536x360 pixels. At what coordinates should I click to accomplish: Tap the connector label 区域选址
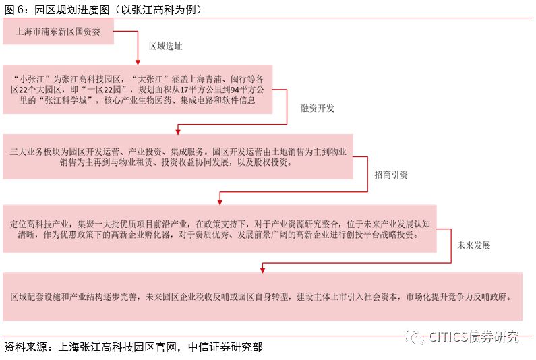click(x=165, y=47)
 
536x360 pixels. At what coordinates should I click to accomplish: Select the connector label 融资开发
click(x=317, y=108)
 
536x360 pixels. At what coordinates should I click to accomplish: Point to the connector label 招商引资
click(x=391, y=175)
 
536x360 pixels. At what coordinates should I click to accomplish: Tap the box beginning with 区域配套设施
click(x=262, y=296)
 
